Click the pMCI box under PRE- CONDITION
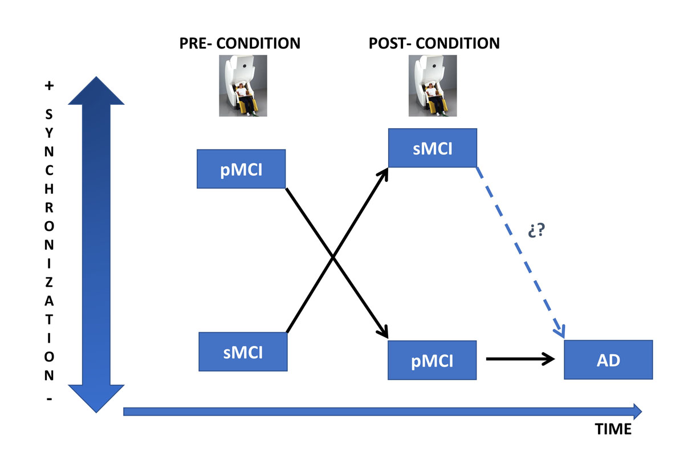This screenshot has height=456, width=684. tap(241, 169)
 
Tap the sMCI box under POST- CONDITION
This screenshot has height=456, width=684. tap(432, 148)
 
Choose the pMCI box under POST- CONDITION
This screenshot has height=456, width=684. tap(432, 360)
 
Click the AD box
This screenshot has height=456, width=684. tap(608, 360)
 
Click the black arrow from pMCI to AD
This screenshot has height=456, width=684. tap(520, 359)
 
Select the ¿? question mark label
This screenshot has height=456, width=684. tap(537, 231)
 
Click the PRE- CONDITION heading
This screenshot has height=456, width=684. tap(239, 43)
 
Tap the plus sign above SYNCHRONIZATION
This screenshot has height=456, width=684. tap(49, 86)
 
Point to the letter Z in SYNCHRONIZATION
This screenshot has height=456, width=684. tap(49, 282)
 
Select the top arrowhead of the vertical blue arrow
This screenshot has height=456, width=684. tap(96, 91)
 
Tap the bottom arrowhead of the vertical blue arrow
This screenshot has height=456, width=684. tap(96, 399)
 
